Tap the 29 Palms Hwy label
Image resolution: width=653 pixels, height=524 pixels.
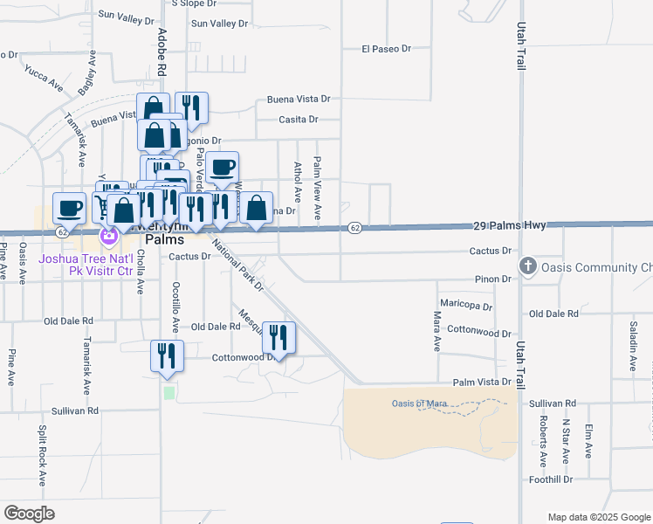pyautogui.click(x=510, y=224)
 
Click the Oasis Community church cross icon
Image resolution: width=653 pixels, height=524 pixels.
pyautogui.click(x=527, y=265)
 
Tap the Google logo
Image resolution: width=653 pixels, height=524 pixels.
pyautogui.click(x=29, y=514)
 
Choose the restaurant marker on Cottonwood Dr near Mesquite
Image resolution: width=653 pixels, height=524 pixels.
pyautogui.click(x=278, y=337)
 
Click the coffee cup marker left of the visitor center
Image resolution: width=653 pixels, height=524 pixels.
pyautogui.click(x=70, y=209)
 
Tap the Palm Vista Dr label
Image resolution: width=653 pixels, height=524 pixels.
pyautogui.click(x=481, y=383)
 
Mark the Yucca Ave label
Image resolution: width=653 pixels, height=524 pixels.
pyautogui.click(x=45, y=77)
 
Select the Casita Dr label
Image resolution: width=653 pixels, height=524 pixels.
pyautogui.click(x=299, y=120)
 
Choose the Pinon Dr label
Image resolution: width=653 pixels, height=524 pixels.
pyautogui.click(x=494, y=279)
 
